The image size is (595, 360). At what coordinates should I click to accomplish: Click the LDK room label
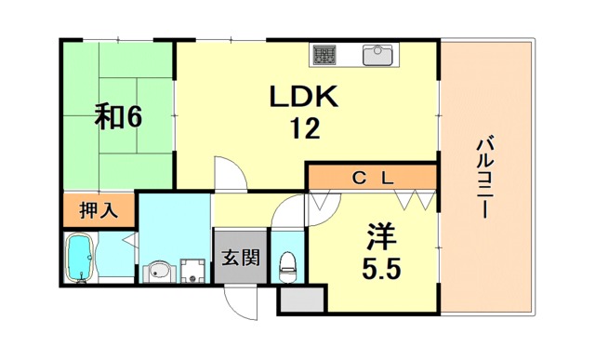click(x=304, y=97)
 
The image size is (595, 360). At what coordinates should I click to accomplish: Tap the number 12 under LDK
click(x=305, y=128)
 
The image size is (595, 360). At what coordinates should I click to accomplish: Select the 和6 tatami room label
click(x=118, y=116)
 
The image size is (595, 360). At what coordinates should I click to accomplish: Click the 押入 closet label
click(x=99, y=210)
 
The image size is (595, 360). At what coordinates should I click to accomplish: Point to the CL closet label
click(x=373, y=178)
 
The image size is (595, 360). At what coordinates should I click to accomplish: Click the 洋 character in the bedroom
click(x=380, y=237)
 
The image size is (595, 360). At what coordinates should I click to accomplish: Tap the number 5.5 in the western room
click(x=381, y=269)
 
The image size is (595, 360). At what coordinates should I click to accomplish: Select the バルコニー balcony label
click(x=485, y=177)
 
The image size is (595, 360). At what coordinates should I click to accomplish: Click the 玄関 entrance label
click(x=241, y=257)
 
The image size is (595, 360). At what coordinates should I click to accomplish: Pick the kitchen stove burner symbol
click(x=324, y=55)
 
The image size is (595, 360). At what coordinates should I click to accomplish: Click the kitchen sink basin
click(x=377, y=55)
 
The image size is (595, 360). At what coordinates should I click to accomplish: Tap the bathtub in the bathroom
click(x=80, y=258)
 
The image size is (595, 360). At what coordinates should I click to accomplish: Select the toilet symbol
click(x=287, y=267)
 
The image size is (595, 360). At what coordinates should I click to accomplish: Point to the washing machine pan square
click(x=192, y=271)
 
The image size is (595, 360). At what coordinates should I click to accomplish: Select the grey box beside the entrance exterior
click(x=302, y=300)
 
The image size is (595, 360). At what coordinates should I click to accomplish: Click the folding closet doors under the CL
click(x=416, y=200)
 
